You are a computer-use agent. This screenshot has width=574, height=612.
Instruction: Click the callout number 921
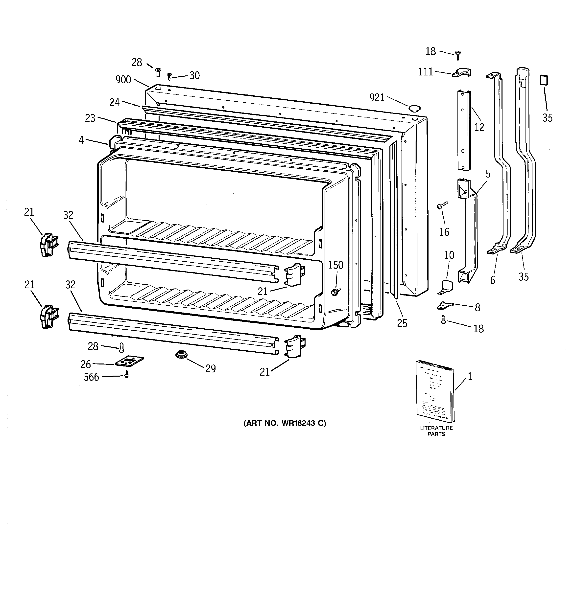pos(377,98)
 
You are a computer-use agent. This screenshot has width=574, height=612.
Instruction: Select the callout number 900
pos(123,80)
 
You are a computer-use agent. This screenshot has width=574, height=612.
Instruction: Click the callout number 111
pos(426,72)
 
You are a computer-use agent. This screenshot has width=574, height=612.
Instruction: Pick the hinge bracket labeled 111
pos(461,73)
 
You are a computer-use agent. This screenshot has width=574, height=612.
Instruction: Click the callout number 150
pos(335,265)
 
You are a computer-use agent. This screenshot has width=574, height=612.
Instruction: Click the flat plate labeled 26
pos(129,362)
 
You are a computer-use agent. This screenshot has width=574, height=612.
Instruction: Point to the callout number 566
pos(92,377)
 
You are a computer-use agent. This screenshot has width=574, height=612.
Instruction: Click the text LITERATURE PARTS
pos(436,431)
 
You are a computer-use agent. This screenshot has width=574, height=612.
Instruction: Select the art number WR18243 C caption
pos(285,423)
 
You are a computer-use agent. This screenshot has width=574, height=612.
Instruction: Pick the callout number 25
pos(402,323)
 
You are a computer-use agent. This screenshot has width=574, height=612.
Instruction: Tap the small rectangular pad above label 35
pos(544,80)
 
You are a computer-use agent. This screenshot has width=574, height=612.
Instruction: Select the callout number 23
pos(90,118)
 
